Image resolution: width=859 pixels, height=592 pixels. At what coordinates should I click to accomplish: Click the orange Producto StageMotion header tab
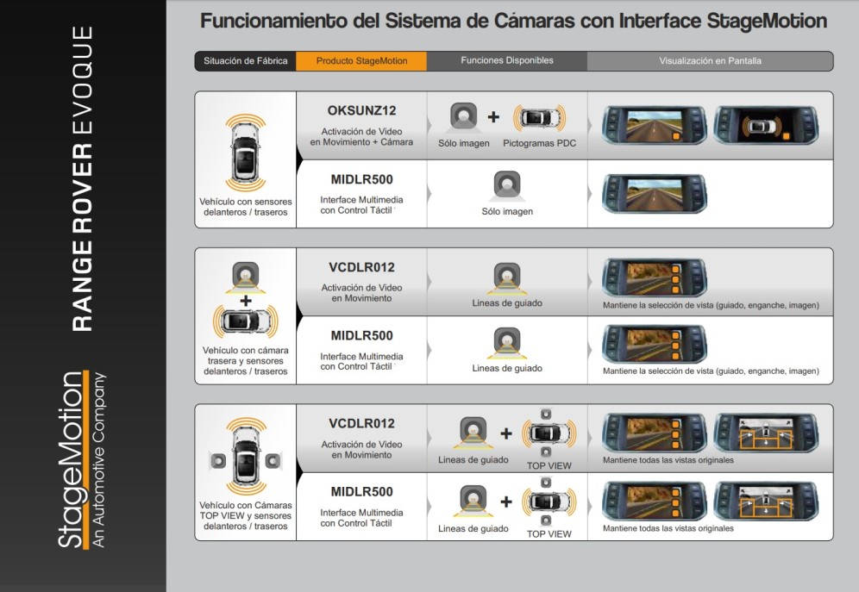tap(361, 60)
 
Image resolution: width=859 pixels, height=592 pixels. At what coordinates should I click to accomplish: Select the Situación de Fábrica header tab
tap(246, 60)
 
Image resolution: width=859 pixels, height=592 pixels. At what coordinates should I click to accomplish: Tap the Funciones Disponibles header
tap(507, 60)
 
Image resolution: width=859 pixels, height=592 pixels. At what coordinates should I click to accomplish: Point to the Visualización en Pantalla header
tap(710, 60)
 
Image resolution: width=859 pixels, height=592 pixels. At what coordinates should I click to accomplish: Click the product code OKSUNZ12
tap(361, 110)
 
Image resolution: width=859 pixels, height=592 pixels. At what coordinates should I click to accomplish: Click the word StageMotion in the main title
tap(767, 21)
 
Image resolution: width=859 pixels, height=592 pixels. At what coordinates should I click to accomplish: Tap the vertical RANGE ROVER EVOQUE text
tap(82, 178)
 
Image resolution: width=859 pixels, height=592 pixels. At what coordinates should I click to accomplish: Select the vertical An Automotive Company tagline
tap(98, 459)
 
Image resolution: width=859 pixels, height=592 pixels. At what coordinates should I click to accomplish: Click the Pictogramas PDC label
tap(540, 143)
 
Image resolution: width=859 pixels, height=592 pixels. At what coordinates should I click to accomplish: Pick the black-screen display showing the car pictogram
tap(766, 125)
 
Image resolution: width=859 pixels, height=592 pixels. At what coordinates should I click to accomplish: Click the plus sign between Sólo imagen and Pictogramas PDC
tap(493, 116)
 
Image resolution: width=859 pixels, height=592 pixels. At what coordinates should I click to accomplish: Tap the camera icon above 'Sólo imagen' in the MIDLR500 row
tap(507, 185)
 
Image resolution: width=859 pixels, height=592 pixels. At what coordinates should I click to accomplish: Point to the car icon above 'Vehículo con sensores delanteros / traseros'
tap(246, 153)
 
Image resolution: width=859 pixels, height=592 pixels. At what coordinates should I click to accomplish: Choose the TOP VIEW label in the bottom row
tap(549, 534)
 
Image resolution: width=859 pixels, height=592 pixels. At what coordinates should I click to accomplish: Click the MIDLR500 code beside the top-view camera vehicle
tap(361, 492)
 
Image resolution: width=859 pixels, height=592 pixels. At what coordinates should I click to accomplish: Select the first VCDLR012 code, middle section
tap(361, 267)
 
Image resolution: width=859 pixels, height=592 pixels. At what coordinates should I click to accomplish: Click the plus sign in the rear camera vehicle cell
tap(246, 301)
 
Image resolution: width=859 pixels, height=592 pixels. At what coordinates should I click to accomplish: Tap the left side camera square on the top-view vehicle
tap(218, 461)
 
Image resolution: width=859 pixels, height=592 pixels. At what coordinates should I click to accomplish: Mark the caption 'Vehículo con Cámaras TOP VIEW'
tap(246, 510)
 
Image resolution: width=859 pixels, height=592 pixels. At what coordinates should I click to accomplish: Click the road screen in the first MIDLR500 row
tap(654, 194)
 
